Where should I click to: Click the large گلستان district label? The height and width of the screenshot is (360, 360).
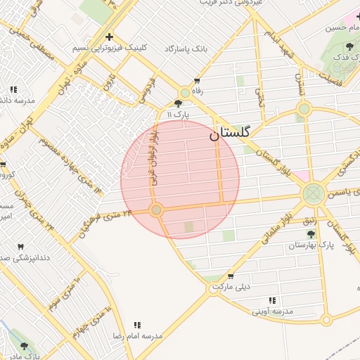pos(235,134)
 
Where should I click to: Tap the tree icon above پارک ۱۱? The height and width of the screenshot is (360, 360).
pos(176,103)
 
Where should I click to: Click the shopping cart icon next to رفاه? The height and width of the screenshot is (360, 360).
pos(196,81)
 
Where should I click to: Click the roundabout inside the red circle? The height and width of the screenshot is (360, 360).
pos(157,210)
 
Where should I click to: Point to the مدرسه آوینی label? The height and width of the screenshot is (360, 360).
pos(273,310)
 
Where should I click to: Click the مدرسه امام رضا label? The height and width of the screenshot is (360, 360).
pos(137,337)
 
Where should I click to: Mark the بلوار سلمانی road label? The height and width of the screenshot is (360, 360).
pos(276,229)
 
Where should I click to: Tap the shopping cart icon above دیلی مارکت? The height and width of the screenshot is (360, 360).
pos(233,276)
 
